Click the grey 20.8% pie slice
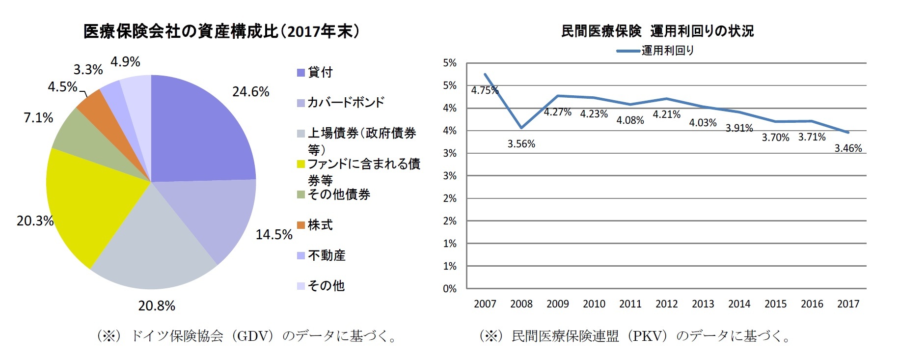coord(152,246)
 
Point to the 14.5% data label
coord(273,235)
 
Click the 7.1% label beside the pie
coord(38,118)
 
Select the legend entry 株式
coord(320,225)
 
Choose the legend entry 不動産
coord(326,255)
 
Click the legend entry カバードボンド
coord(345,102)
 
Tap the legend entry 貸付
coord(320,72)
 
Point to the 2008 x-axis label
coord(521,304)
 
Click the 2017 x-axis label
coord(848,304)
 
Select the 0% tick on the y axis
coord(449,289)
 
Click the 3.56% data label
coord(521,144)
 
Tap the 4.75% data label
coord(484,90)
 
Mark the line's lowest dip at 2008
coord(521,128)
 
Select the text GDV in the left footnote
coord(252,336)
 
